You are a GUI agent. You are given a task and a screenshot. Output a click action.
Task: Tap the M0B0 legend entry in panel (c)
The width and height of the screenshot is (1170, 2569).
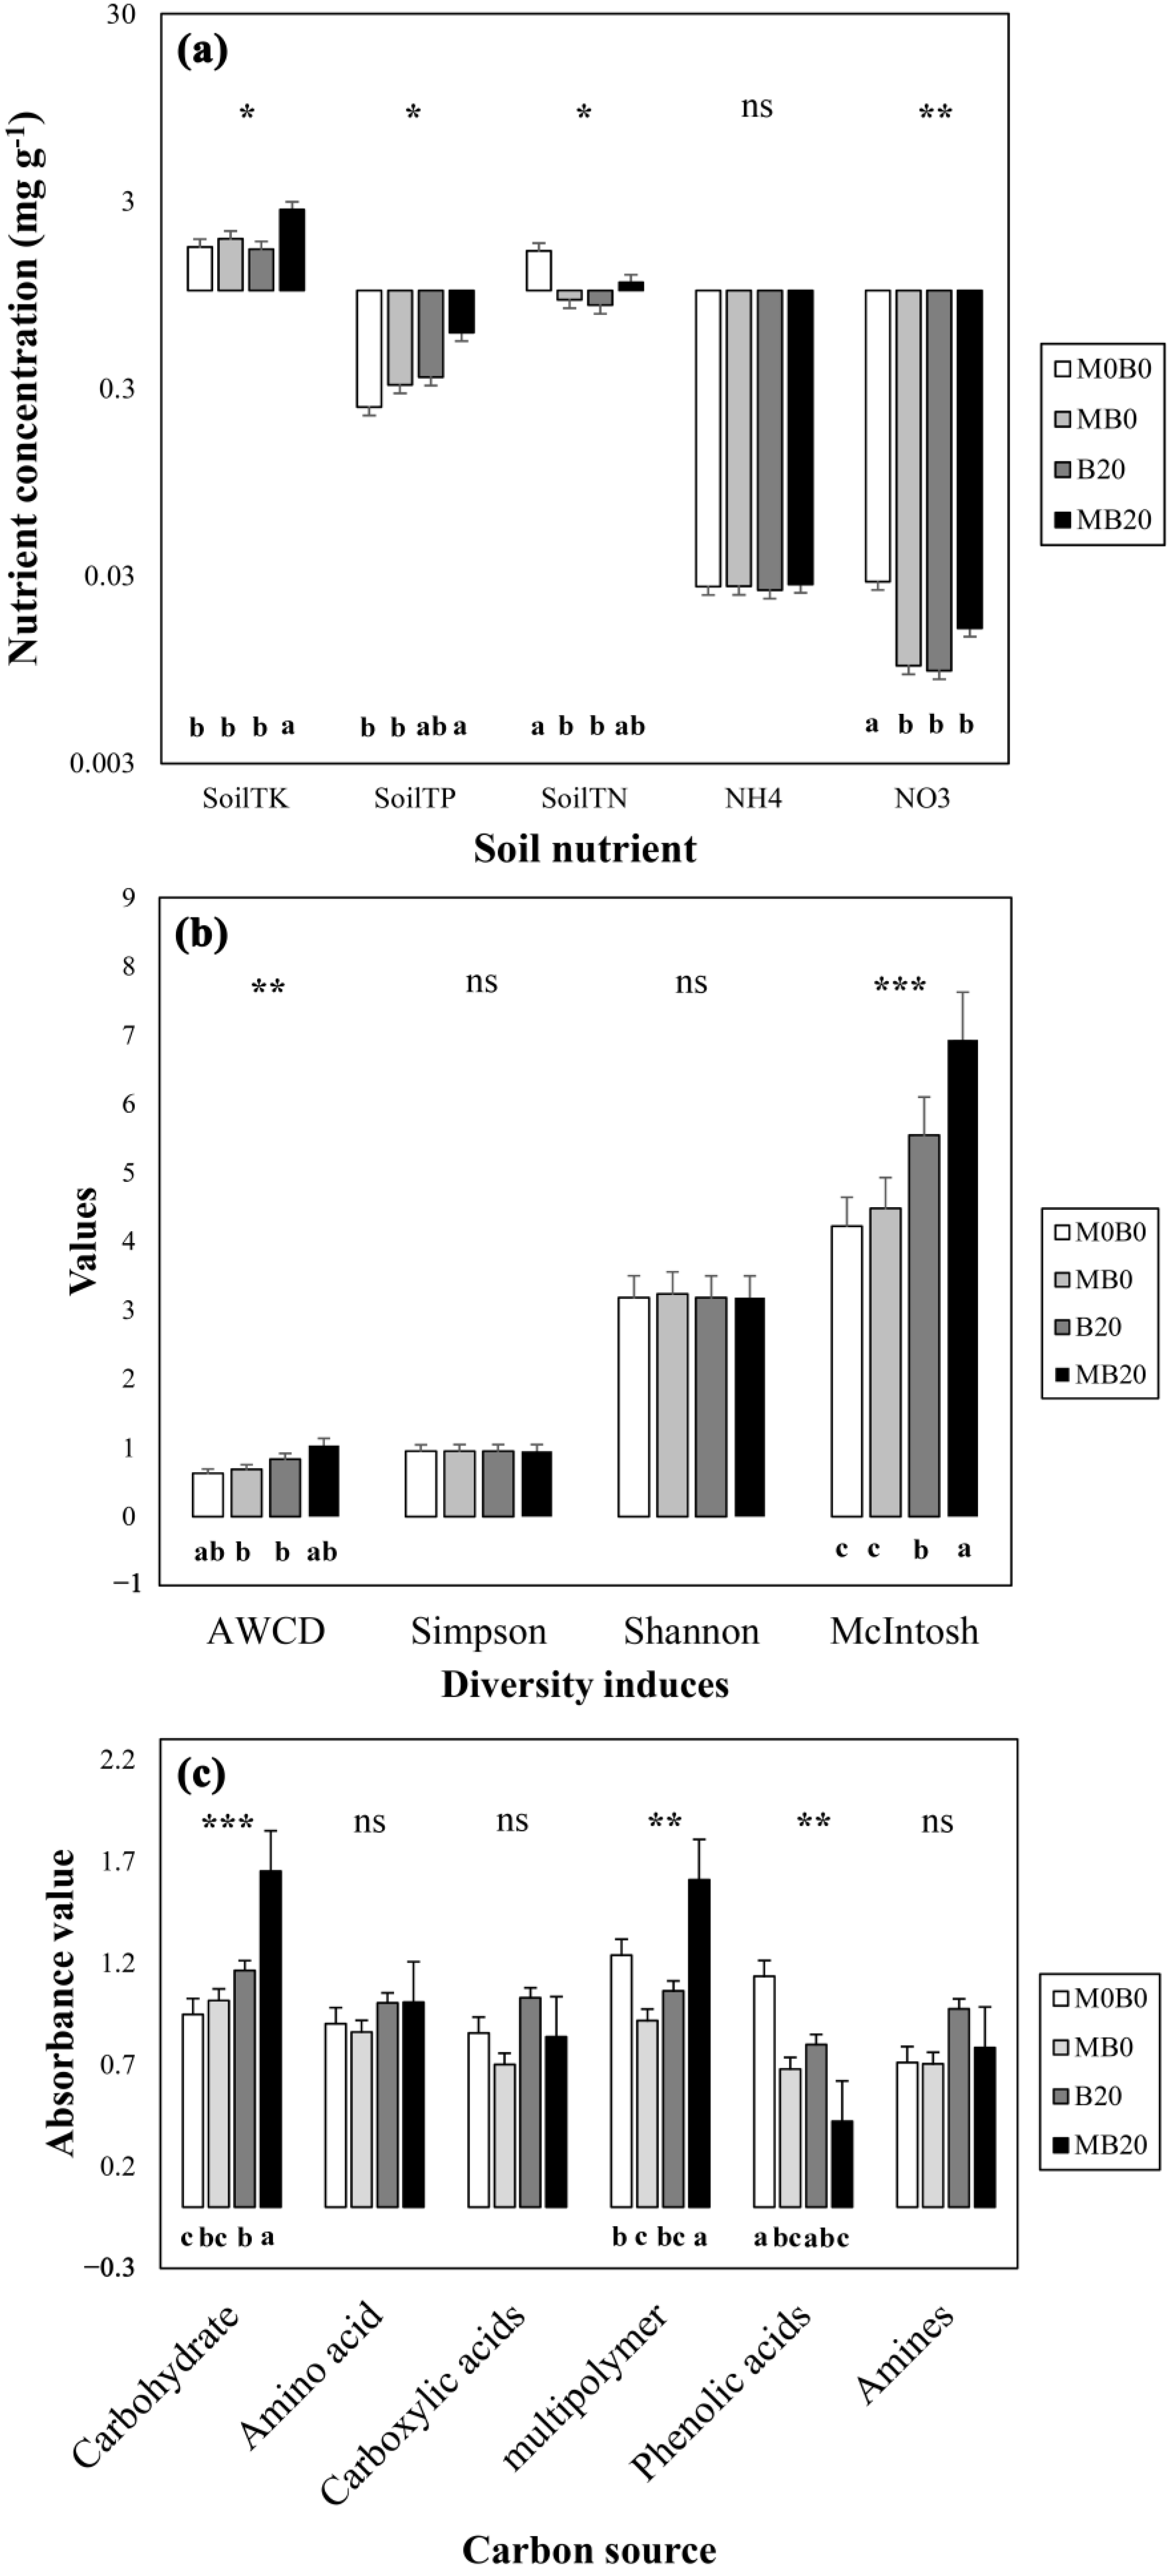click(x=1099, y=1998)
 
